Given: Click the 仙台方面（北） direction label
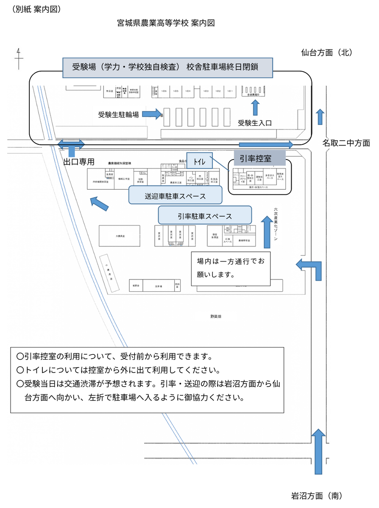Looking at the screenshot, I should pos(326,52).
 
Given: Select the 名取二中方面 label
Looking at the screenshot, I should pos(346,143).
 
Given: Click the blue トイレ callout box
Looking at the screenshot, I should pos(199,161).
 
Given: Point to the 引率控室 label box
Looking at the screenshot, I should pos(255,159).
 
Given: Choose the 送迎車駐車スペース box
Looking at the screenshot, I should pos(175,196).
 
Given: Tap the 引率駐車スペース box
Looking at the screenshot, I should pos(205,215).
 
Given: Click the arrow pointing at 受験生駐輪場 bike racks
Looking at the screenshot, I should pos(152,114).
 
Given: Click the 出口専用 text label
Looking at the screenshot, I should pos(78,162).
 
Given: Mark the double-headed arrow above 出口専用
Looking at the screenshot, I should pos(71,144).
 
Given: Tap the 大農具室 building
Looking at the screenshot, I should pos(120,236).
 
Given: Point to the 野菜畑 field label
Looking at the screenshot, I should pos(216,316).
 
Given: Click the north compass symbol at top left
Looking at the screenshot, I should pos(19,58).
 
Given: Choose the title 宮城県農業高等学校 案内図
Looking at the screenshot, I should pos(166,23).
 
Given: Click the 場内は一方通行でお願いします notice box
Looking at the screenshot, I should pos(231,268).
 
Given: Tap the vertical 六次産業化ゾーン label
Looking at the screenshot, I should pos(276,224).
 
